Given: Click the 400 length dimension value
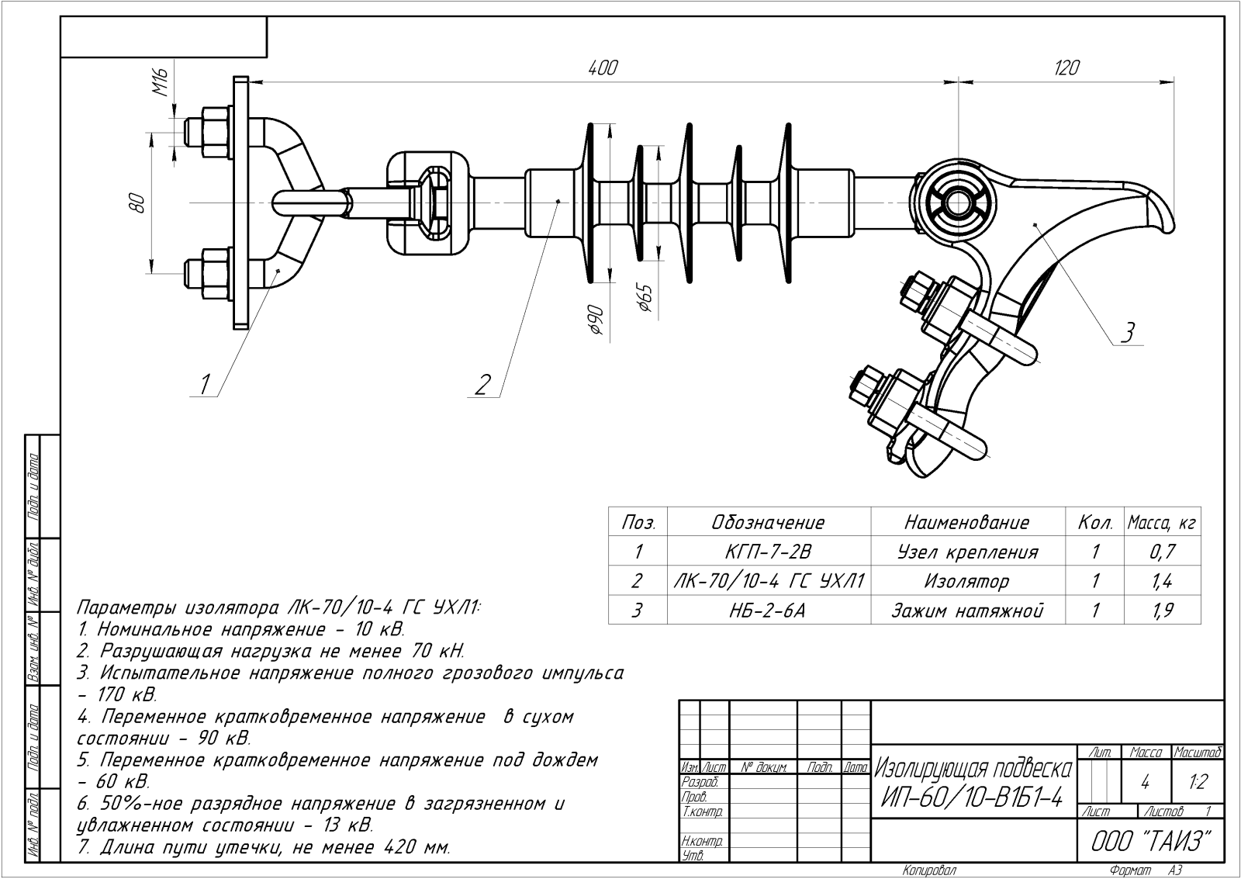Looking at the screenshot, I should pyautogui.click(x=602, y=68).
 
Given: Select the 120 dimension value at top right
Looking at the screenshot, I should pyautogui.click(x=1066, y=68).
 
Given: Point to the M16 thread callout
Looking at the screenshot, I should pyautogui.click(x=161, y=81).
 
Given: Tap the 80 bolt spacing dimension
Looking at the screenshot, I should pyautogui.click(x=138, y=202).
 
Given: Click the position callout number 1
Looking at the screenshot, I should pyautogui.click(x=205, y=382).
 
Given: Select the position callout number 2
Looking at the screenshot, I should pyautogui.click(x=482, y=383).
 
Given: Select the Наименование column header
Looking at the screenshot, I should pyautogui.click(x=966, y=523).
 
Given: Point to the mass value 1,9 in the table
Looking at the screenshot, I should pyautogui.click(x=1163, y=611).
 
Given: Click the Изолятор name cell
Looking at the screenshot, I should pyautogui.click(x=966, y=581).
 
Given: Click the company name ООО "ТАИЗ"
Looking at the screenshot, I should pyautogui.click(x=1146, y=842).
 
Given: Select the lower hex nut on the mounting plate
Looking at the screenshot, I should pyautogui.click(x=209, y=275).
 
